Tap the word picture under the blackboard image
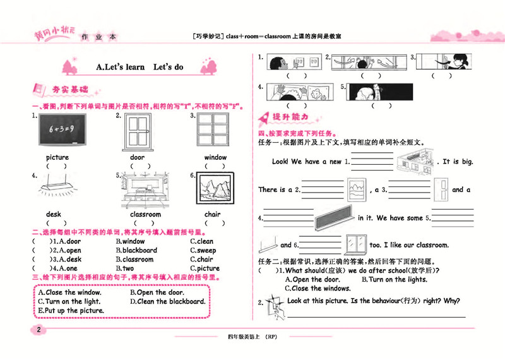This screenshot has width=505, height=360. [x=57, y=157]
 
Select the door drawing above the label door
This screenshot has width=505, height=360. [x=137, y=132]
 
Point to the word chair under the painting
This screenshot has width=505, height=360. [x=212, y=214]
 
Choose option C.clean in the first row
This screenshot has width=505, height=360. [x=202, y=241]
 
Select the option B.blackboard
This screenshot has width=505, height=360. [x=136, y=250]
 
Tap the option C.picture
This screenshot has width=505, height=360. [x=205, y=268]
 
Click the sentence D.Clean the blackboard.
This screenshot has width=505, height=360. [x=167, y=301]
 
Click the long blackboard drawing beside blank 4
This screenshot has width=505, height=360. [x=335, y=219]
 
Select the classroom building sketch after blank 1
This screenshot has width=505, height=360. [x=415, y=160]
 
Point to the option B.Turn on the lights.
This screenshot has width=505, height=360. [x=394, y=280]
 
